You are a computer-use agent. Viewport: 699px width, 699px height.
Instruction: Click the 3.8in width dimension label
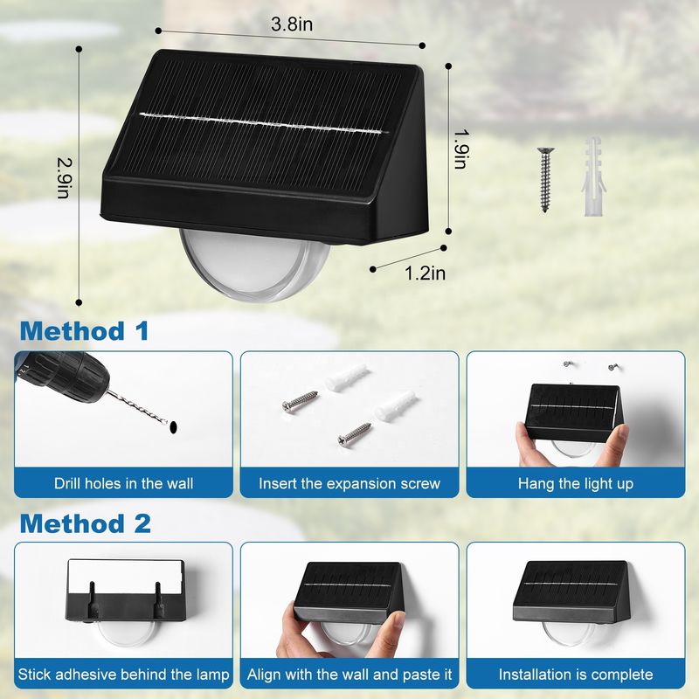[x=292, y=24]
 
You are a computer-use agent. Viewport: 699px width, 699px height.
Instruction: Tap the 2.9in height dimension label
[x=62, y=178]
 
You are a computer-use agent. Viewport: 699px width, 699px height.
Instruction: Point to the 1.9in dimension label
[x=461, y=144]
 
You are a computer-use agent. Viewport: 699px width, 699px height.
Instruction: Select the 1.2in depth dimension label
[x=425, y=273]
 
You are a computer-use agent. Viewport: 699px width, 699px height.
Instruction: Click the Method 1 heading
[x=85, y=331]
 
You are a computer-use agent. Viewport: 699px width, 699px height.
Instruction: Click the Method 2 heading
[x=86, y=523]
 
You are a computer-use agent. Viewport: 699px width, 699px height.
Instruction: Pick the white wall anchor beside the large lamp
[x=588, y=176]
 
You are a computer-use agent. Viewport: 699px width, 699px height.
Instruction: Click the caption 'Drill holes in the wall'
[x=123, y=482]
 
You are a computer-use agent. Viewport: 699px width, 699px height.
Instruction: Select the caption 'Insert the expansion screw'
[x=349, y=482]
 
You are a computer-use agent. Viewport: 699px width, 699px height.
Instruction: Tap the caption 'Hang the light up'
[x=576, y=482]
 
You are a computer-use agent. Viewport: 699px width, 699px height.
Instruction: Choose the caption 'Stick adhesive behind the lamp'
[x=123, y=675]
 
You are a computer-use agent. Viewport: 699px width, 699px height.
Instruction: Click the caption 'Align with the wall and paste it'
[x=349, y=675]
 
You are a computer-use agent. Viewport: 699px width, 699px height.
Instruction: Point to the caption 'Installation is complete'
[x=576, y=675]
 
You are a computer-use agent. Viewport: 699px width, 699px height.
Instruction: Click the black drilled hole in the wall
[x=174, y=426]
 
